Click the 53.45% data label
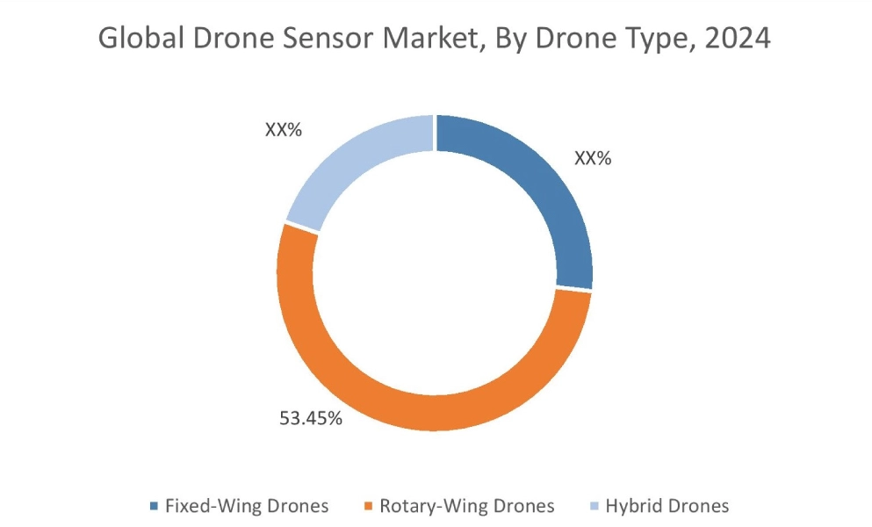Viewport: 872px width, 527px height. coord(310,418)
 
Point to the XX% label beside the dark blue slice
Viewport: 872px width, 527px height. coord(593,159)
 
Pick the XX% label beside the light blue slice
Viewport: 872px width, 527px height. coord(284,130)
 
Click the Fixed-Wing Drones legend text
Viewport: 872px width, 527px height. coord(247,506)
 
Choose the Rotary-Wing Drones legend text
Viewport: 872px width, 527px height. coord(466,506)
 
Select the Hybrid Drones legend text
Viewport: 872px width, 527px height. coord(667,506)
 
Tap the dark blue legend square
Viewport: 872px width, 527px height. coord(155,506)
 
